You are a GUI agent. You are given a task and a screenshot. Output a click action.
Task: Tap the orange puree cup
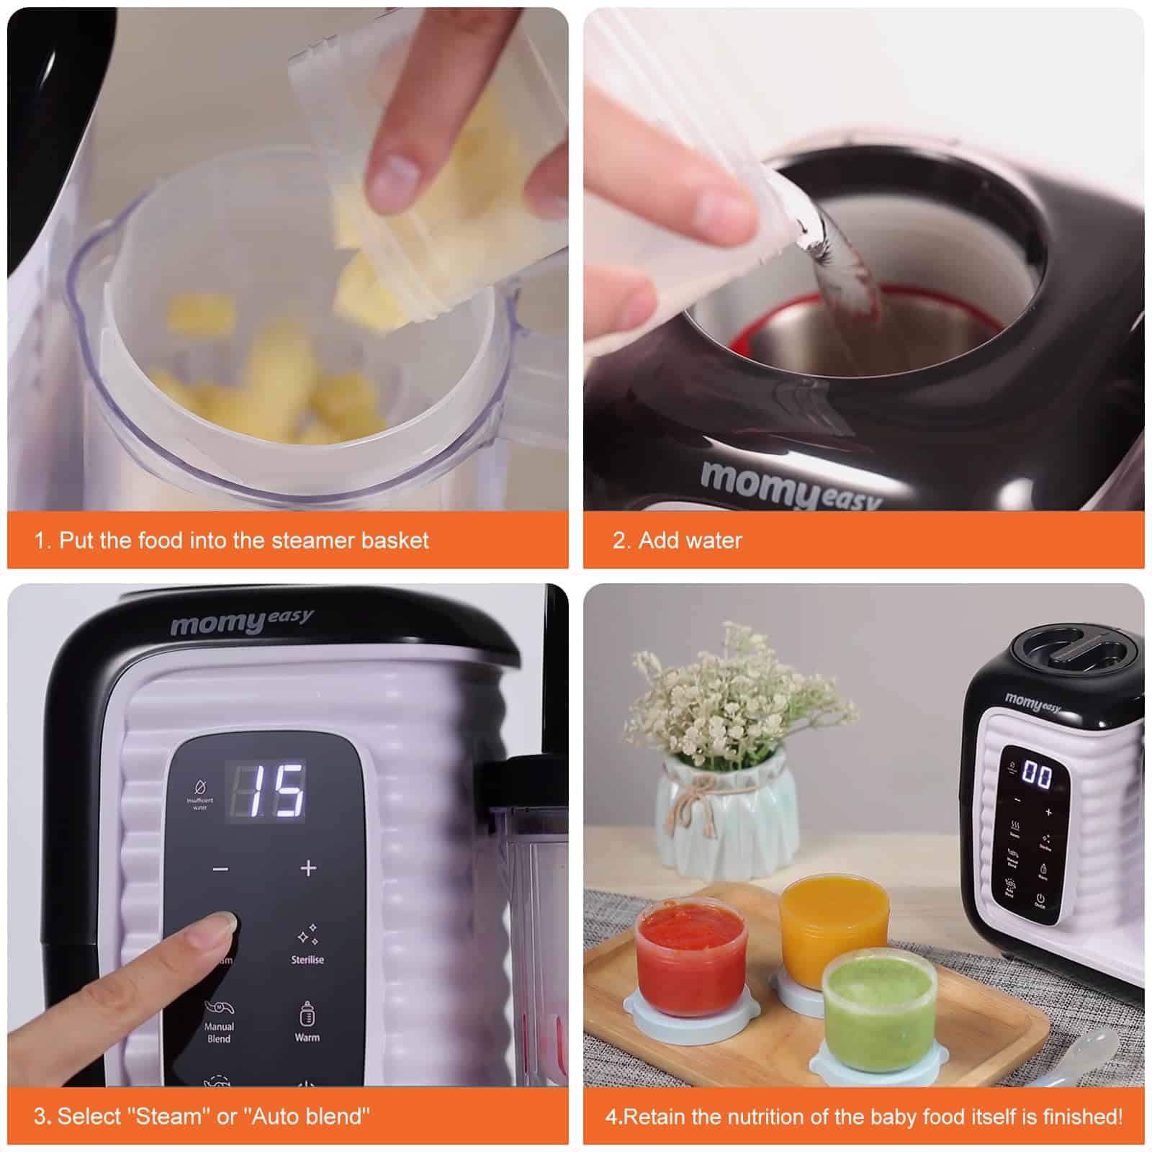[833, 929]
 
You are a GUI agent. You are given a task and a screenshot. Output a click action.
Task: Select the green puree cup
[878, 1008]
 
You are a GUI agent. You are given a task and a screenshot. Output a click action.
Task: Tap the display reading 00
[1038, 775]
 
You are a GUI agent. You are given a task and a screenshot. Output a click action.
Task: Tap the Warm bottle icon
[307, 1014]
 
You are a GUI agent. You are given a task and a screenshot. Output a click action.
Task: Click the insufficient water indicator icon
[199, 787]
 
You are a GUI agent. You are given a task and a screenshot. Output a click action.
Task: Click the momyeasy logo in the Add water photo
[788, 485]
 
